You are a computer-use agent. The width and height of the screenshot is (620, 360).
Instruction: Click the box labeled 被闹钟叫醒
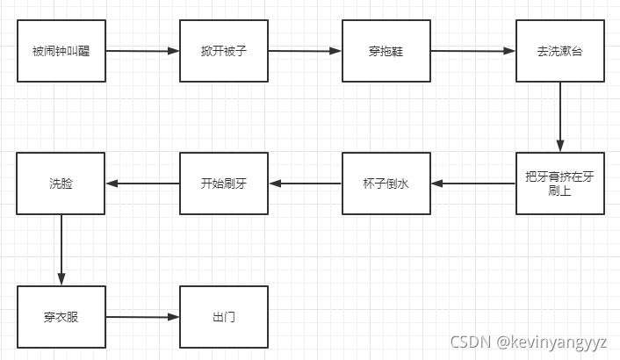[61, 51]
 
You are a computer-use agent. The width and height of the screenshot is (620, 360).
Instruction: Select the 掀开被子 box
[223, 51]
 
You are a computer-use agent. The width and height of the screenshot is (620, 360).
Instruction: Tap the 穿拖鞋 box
[386, 51]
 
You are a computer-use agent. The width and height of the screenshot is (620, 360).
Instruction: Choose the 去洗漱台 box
[559, 51]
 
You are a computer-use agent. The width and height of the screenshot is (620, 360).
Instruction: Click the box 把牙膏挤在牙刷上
[559, 184]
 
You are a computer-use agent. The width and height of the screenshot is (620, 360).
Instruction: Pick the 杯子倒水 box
[386, 184]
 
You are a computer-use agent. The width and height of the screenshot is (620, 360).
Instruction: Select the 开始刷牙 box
[223, 184]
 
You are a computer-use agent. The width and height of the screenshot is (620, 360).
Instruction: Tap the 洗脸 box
[61, 184]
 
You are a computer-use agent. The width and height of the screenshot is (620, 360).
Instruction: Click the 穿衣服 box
[61, 316]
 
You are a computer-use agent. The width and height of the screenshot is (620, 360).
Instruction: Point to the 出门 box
[223, 316]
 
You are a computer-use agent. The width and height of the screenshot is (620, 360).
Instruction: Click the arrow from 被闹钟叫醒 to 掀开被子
[142, 51]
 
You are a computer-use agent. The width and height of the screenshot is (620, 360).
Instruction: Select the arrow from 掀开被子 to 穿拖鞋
[305, 51]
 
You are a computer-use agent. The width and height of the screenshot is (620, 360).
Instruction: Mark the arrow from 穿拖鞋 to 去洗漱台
[472, 51]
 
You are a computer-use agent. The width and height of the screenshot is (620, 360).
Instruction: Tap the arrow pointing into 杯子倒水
[472, 184]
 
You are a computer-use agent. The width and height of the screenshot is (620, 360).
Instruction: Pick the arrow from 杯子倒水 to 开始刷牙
[305, 184]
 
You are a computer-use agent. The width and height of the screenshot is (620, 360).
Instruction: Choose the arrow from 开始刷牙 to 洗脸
[142, 184]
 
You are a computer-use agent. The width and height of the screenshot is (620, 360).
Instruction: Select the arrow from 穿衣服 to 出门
[142, 316]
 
